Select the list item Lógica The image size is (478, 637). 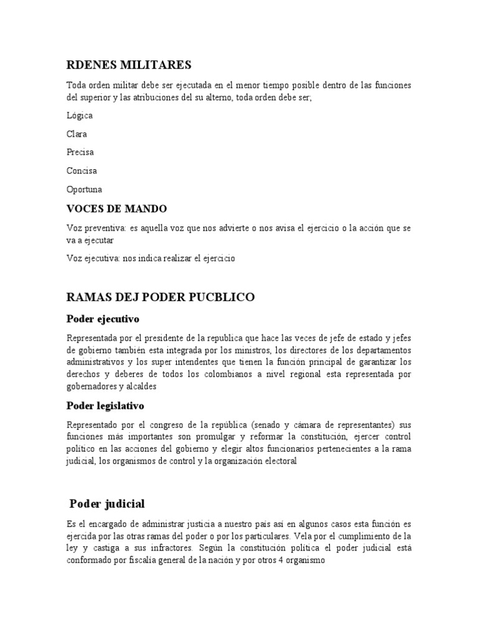click(80, 115)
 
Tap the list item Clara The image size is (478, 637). click(77, 134)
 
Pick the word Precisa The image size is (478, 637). click(80, 152)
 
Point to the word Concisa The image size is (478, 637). click(82, 170)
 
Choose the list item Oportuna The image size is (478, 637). click(84, 189)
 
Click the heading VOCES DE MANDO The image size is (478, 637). click(116, 208)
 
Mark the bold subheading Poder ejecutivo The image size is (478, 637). click(103, 319)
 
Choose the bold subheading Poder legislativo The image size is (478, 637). click(105, 406)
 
